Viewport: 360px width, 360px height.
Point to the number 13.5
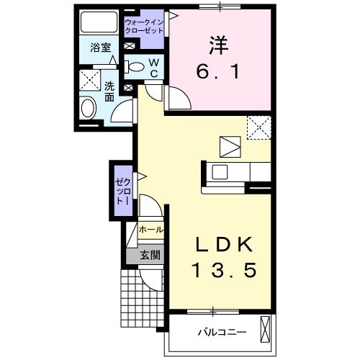pos(223,271)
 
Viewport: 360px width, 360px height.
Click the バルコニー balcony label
pos(222,333)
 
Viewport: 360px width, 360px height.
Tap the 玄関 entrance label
pos(149,253)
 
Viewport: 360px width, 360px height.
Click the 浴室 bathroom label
pos(100,48)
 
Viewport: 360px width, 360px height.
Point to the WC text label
pos(154,67)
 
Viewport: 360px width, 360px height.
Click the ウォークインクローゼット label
pos(145,27)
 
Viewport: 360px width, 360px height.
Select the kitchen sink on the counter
pos(220,173)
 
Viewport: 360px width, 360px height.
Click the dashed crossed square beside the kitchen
pos(258,128)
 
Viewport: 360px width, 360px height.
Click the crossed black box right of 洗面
pos(129,89)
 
